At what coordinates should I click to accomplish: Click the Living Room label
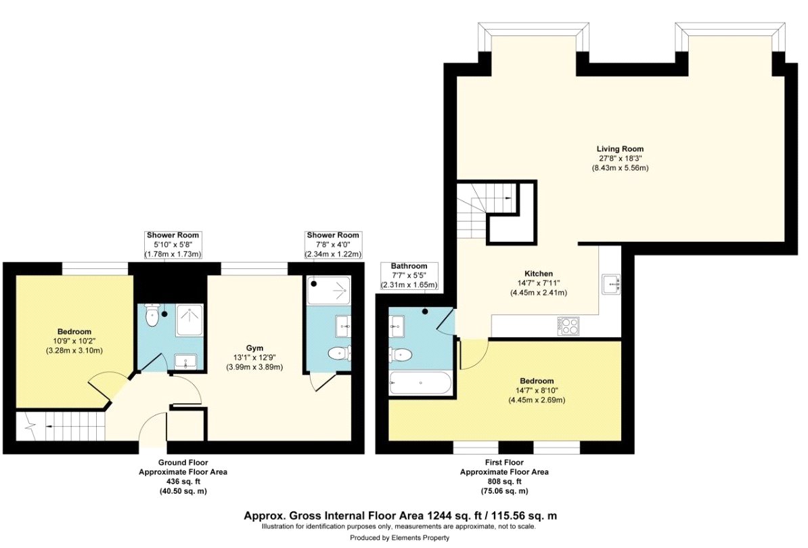coord(619,148)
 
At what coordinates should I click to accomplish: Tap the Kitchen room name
coord(538,274)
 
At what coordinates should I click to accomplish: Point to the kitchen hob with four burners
coord(568,326)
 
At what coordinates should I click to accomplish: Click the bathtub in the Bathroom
coord(420,383)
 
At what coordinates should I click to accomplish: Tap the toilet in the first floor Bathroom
coord(401,354)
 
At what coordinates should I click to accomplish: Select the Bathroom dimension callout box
coord(409,276)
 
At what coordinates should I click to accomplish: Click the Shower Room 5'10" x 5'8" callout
coord(173,245)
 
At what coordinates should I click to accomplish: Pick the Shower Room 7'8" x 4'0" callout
coord(333,245)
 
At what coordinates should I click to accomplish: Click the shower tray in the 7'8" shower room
coord(328,291)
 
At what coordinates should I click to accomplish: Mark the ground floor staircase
coord(61,427)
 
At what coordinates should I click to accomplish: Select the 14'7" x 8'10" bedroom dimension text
coord(536,400)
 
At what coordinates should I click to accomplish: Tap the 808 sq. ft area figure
coord(504,481)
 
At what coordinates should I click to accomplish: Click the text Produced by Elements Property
coord(399,538)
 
